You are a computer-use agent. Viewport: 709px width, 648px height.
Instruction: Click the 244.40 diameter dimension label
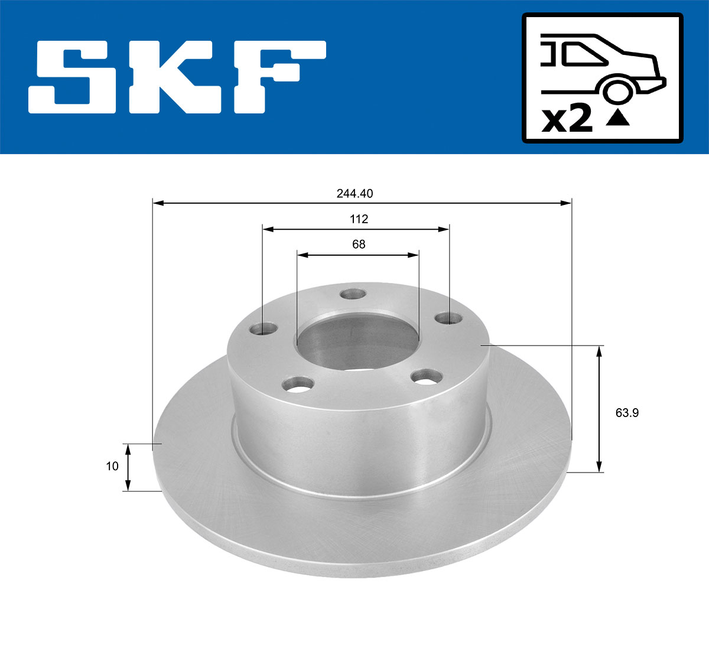click(354, 193)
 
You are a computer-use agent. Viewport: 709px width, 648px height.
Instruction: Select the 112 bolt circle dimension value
click(359, 219)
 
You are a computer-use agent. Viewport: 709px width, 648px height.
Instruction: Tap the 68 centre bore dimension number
click(359, 244)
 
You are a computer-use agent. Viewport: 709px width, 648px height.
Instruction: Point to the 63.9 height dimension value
click(627, 413)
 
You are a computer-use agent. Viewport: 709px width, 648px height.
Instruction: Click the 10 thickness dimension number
click(112, 466)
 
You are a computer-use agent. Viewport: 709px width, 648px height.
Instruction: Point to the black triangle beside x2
click(618, 118)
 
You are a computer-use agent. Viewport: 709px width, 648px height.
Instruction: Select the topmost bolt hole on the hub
click(353, 294)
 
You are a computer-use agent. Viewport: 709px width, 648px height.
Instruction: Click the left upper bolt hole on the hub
click(264, 328)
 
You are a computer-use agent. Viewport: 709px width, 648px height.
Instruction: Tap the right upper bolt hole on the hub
click(449, 318)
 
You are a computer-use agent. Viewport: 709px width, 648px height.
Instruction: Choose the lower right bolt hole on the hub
click(427, 376)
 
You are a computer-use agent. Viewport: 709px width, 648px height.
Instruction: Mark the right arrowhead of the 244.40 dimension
click(567, 203)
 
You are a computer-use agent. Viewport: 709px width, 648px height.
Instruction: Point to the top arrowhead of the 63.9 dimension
click(600, 351)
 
